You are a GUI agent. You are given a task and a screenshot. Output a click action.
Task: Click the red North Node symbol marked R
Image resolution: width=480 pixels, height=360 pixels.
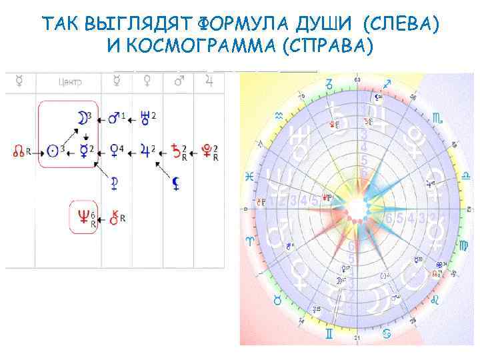coord(19,152)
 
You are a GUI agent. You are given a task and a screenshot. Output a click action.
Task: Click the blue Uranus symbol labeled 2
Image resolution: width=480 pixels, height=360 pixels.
coord(145,118)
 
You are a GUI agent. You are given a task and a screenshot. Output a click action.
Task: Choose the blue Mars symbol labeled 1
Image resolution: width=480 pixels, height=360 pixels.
coord(114,118)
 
